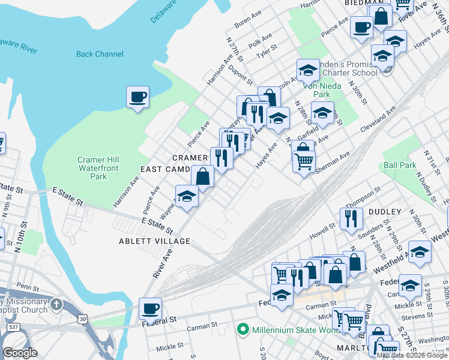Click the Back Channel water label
pyautogui.click(x=100, y=55)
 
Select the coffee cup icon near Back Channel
pyautogui.click(x=137, y=97)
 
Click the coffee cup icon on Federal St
pyautogui.click(x=150, y=308)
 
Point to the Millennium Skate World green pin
pyautogui.click(x=243, y=329)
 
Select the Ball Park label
pyautogui.click(x=400, y=165)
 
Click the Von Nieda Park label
pyautogui.click(x=317, y=90)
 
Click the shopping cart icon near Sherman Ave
pyautogui.click(x=304, y=160)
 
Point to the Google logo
pyautogui.click(x=20, y=353)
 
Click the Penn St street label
pyautogui.click(x=28, y=287)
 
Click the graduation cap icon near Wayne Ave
pyautogui.click(x=187, y=196)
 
